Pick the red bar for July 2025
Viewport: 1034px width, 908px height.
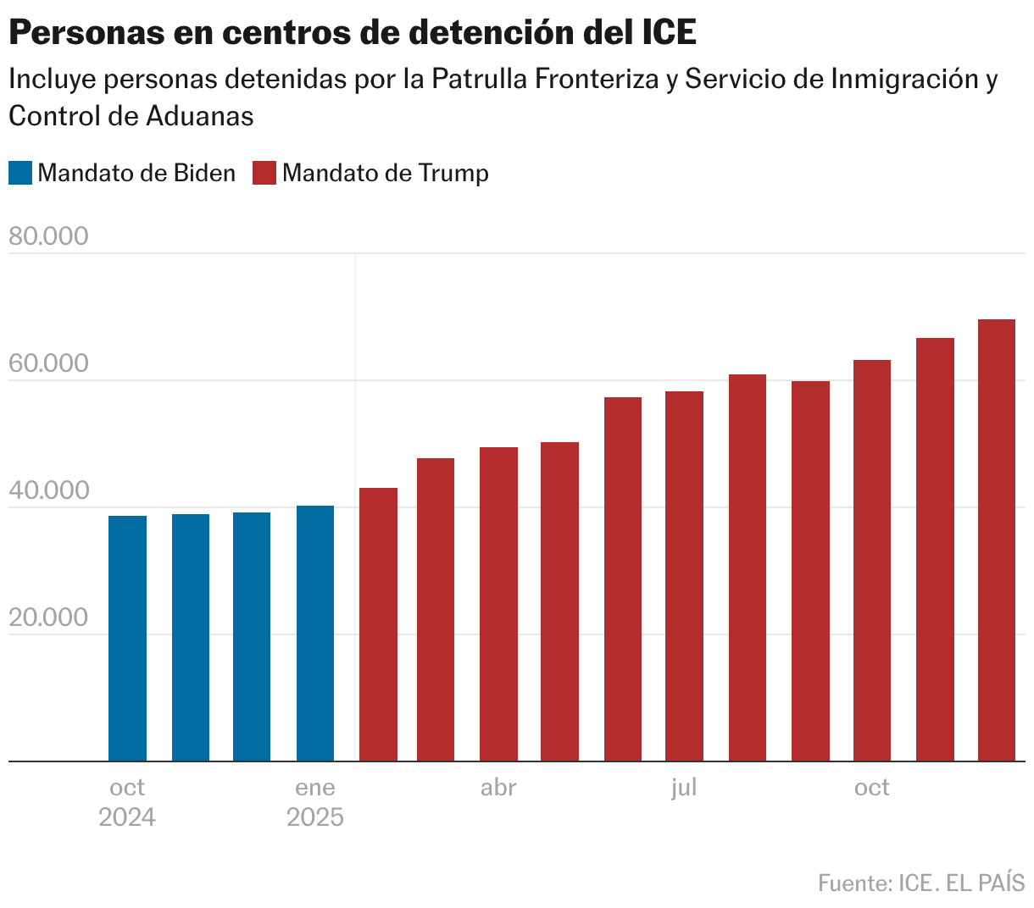click(684, 576)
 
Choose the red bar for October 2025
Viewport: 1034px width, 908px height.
click(871, 561)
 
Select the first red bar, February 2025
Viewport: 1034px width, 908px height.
click(378, 624)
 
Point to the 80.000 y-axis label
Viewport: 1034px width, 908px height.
click(48, 236)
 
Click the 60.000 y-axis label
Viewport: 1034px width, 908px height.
click(48, 363)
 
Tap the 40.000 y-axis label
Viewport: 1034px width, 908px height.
click(48, 490)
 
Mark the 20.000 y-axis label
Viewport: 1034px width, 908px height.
click(48, 617)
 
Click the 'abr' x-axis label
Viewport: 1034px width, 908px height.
click(498, 788)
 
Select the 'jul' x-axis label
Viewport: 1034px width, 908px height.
click(684, 788)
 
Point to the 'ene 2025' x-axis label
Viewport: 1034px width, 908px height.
click(315, 802)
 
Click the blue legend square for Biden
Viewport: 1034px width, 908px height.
click(20, 173)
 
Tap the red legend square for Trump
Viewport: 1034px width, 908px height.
click(264, 173)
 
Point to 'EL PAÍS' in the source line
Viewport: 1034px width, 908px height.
click(985, 883)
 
